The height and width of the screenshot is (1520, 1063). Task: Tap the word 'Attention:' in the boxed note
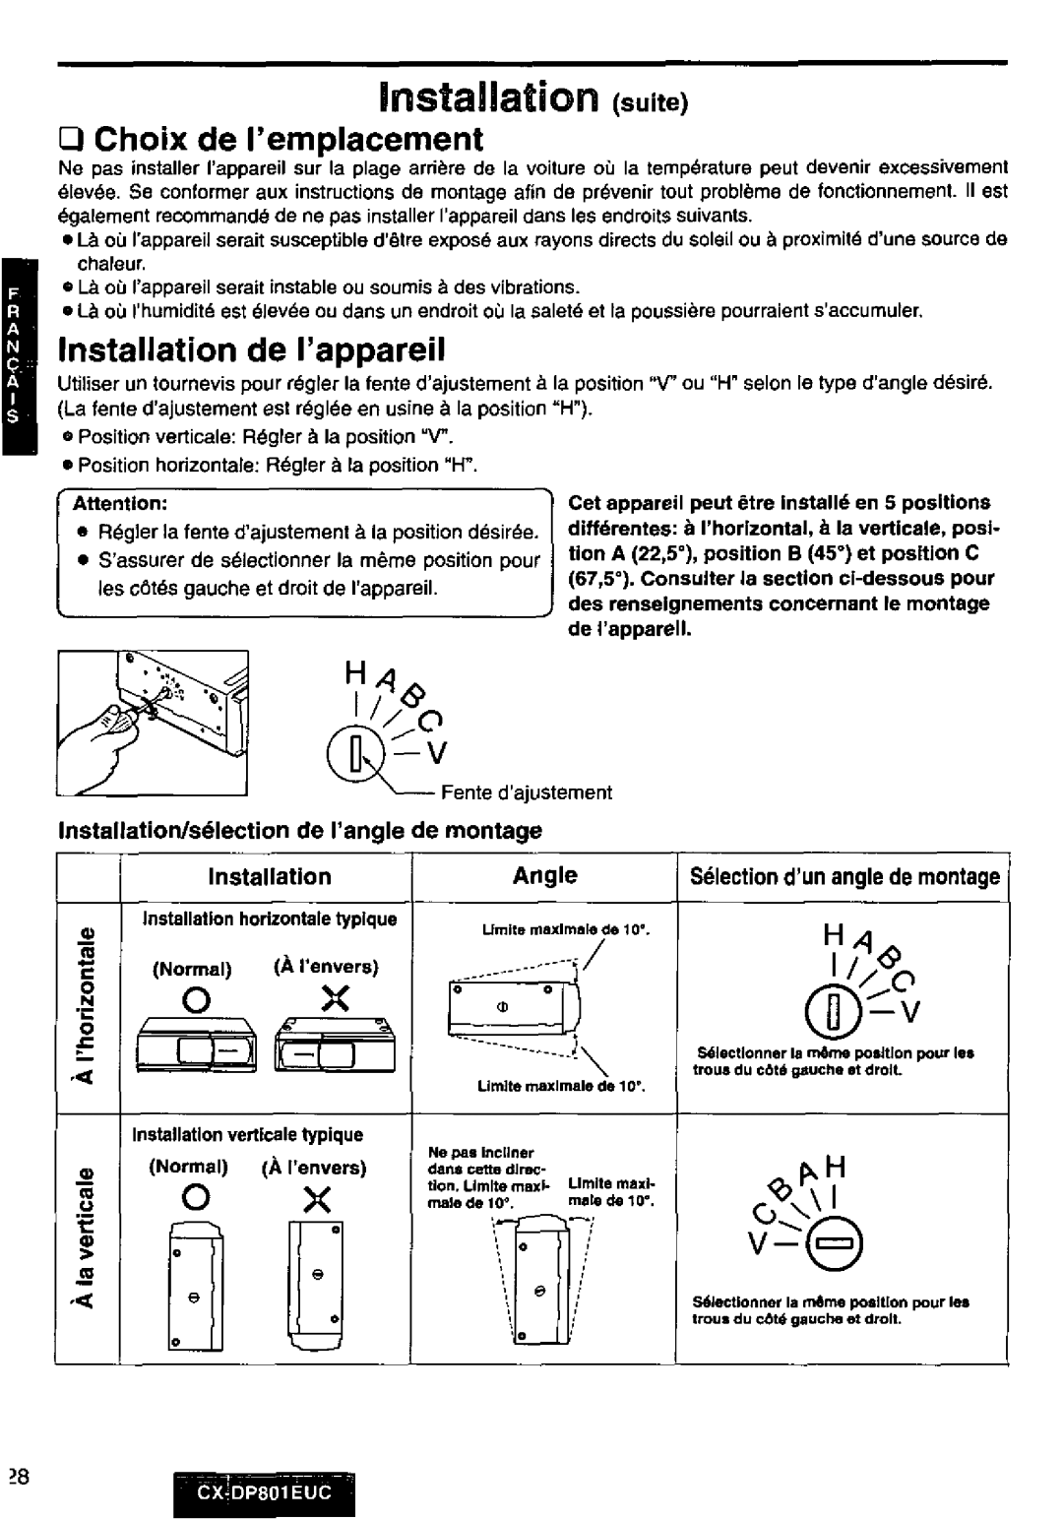tap(123, 503)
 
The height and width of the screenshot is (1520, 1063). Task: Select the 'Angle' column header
tap(545, 875)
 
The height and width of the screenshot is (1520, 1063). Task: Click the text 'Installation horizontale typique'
tap(270, 918)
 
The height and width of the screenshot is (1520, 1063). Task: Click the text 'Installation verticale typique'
tap(254, 1134)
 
